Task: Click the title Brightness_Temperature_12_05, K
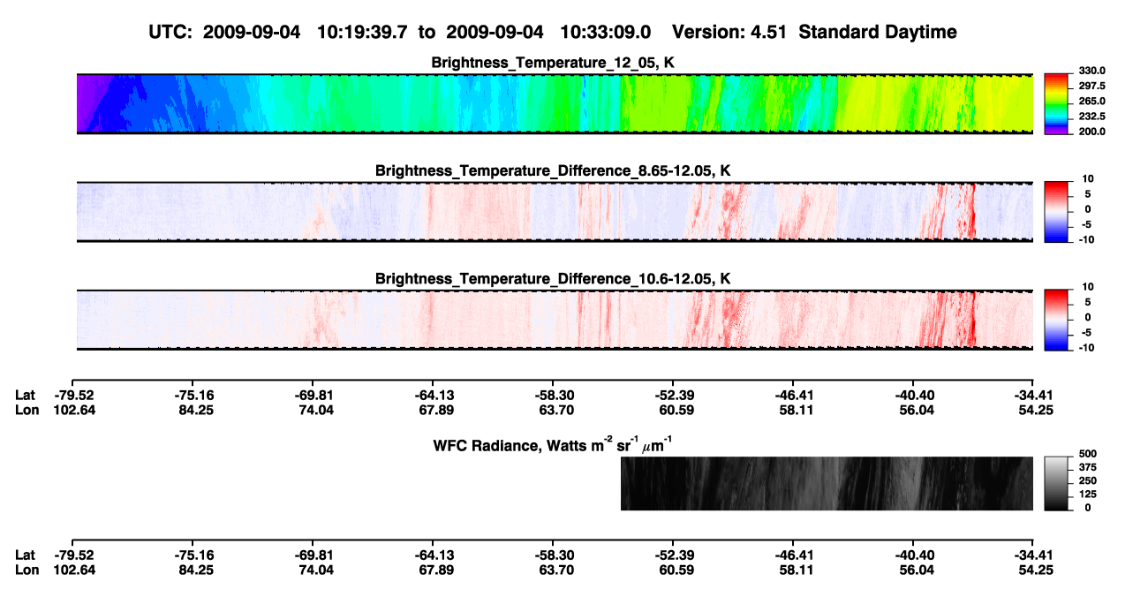tap(553, 63)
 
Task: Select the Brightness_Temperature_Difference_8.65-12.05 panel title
tap(553, 170)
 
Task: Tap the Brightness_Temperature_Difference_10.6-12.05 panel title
tap(553, 279)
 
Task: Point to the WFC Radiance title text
tap(553, 445)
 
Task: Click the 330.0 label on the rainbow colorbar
tap(1091, 71)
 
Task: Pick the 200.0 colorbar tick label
tap(1091, 132)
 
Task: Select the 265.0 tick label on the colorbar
tap(1091, 101)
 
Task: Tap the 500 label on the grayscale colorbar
tap(1088, 454)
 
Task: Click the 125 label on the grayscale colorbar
tap(1088, 495)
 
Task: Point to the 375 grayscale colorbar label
tap(1088, 467)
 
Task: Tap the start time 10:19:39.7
tap(362, 32)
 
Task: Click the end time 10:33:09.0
tap(605, 32)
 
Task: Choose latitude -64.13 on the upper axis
tap(434, 396)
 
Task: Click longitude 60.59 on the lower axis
tap(676, 570)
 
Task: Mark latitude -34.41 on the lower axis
tap(1033, 555)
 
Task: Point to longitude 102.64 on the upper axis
tap(74, 410)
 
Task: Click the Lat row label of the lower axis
tap(25, 555)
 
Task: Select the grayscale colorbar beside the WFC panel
tap(1056, 483)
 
